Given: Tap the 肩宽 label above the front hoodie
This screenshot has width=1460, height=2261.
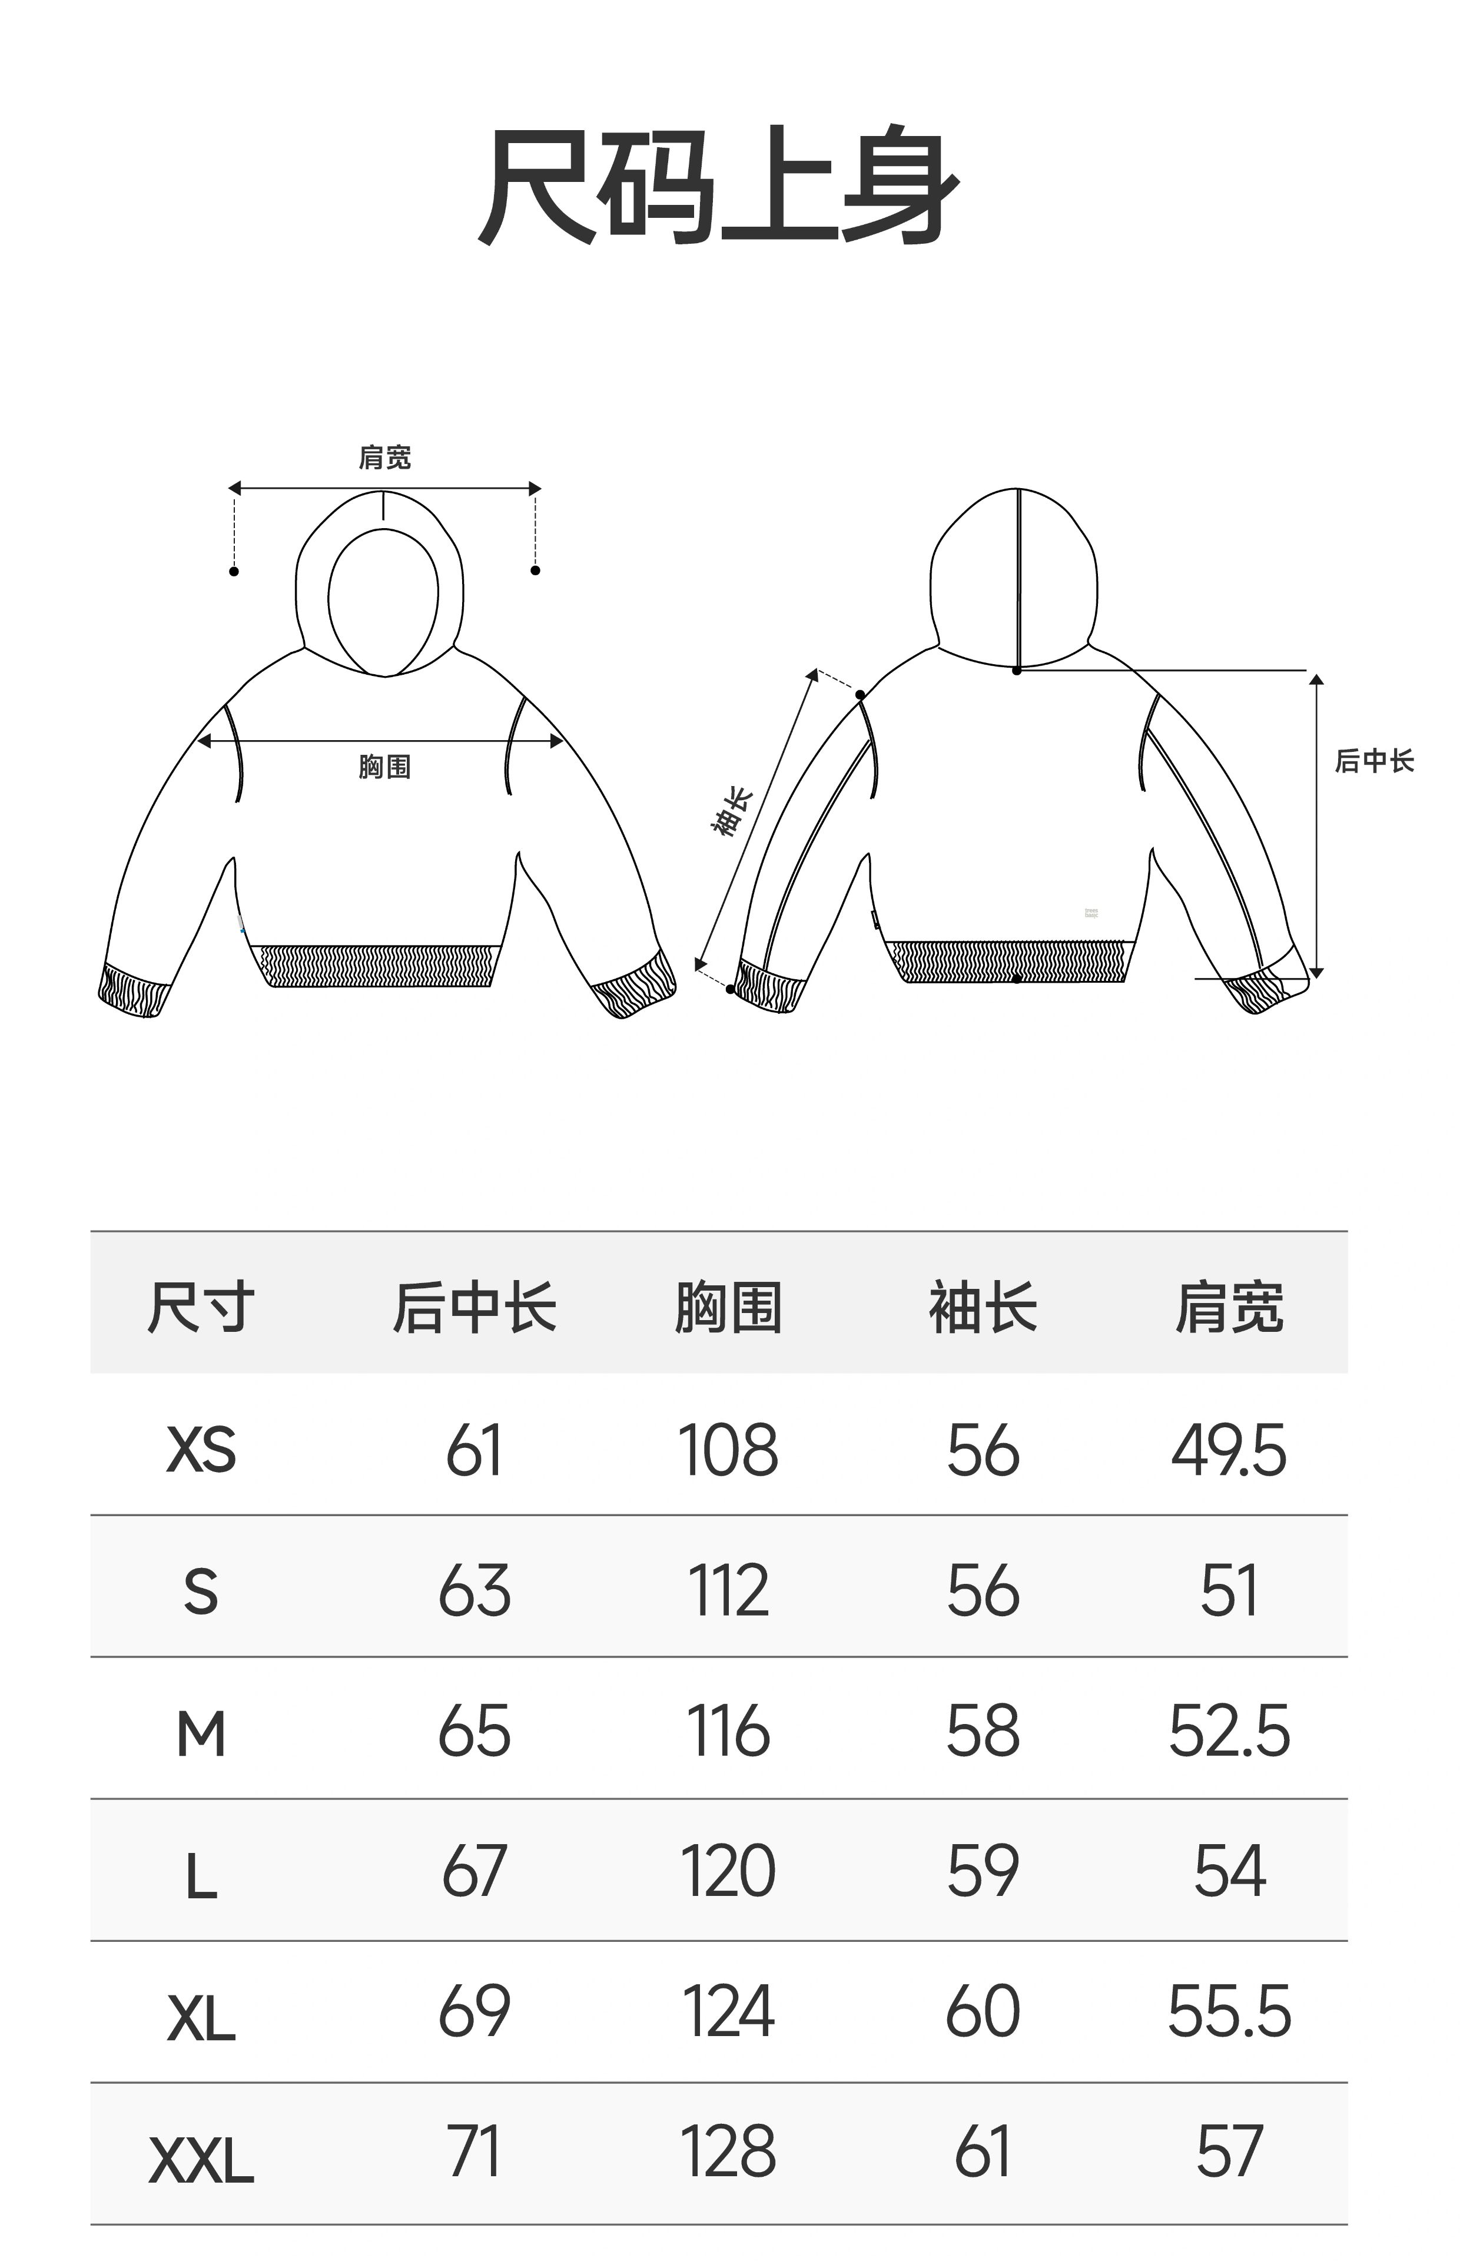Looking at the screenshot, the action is [384, 458].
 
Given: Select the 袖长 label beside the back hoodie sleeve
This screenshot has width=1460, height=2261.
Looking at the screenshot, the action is [732, 813].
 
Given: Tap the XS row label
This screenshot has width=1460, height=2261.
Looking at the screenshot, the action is [201, 1450].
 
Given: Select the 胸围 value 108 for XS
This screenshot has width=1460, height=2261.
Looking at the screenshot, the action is [728, 1450].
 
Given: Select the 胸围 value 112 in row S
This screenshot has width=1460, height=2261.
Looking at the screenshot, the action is [728, 1591].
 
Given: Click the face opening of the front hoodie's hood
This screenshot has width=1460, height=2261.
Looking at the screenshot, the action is [383, 597].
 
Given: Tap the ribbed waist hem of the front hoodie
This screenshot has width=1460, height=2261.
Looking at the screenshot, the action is [379, 965].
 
